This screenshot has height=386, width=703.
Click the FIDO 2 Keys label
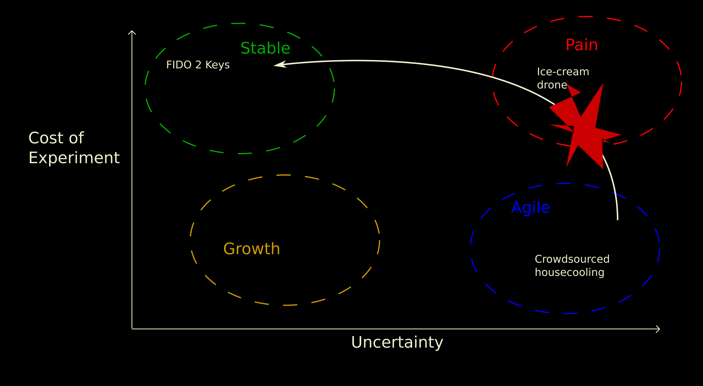pos(198,65)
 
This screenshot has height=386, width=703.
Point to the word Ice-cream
pos(563,72)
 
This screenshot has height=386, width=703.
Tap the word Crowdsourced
pos(572,259)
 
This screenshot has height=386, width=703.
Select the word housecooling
pos(570,272)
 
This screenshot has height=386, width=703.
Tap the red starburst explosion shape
pos(587,128)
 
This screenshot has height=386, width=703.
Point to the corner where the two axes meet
pos(132,329)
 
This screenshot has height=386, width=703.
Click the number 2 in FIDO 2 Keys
pos(198,65)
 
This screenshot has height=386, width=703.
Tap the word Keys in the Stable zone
pos(217,65)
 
